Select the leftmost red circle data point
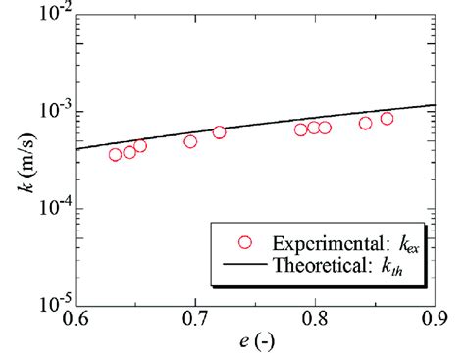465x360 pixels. coord(116,154)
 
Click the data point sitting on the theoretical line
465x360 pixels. coord(219,132)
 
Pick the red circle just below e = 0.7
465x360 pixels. coord(190,141)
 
